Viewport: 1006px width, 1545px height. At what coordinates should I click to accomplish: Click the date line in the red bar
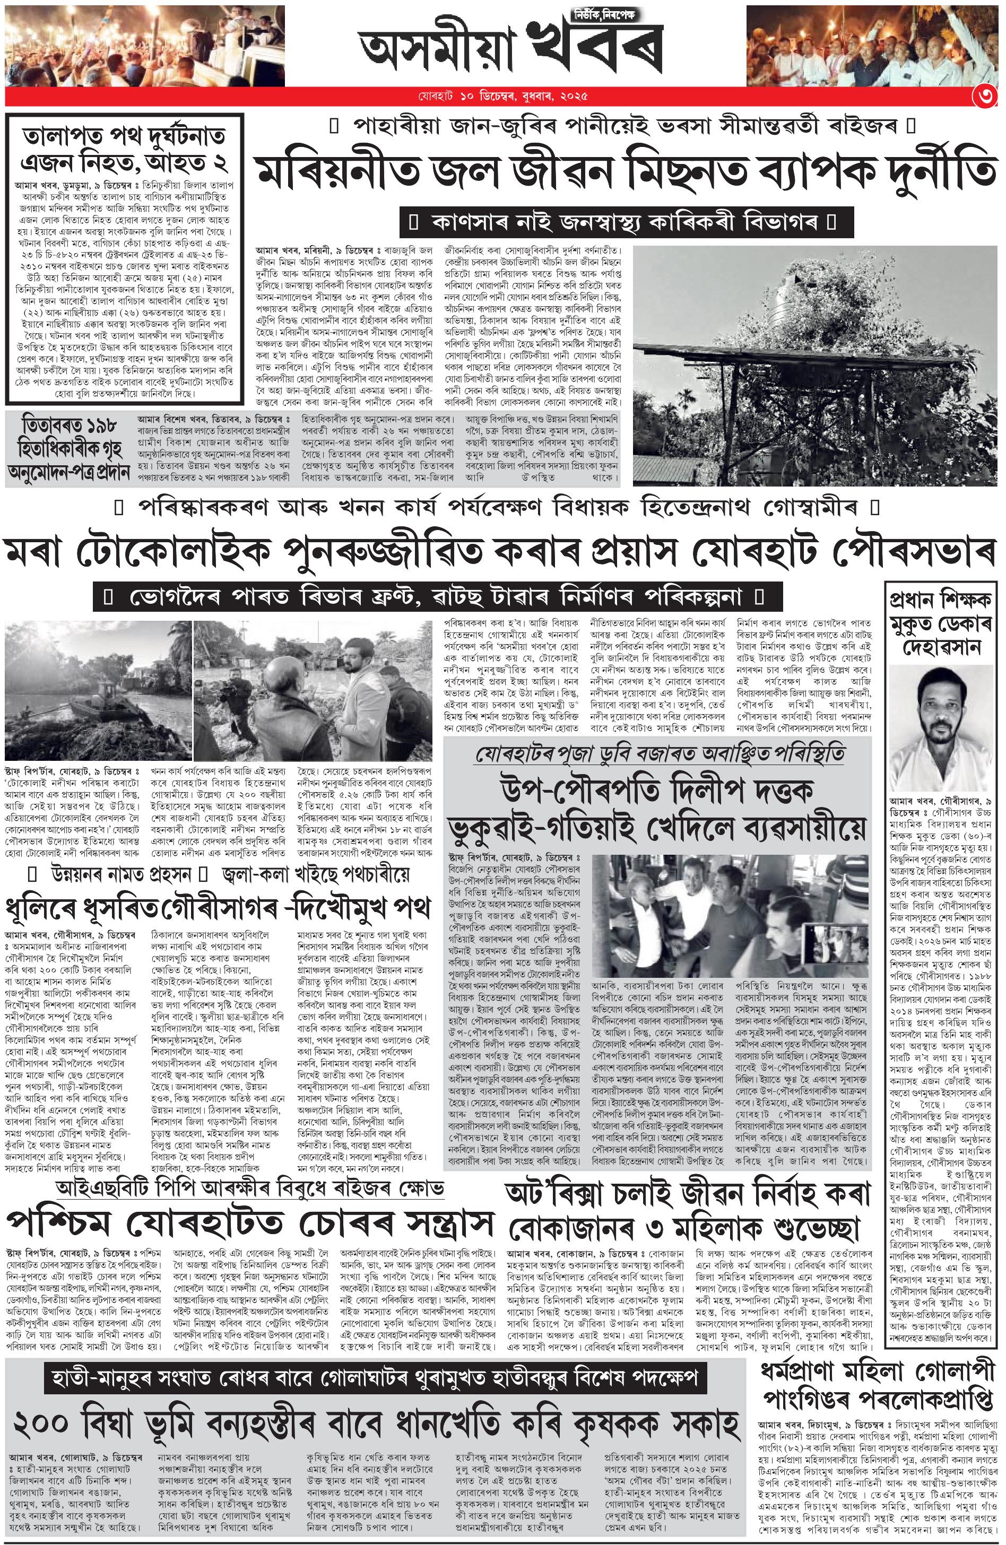[x=502, y=97]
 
